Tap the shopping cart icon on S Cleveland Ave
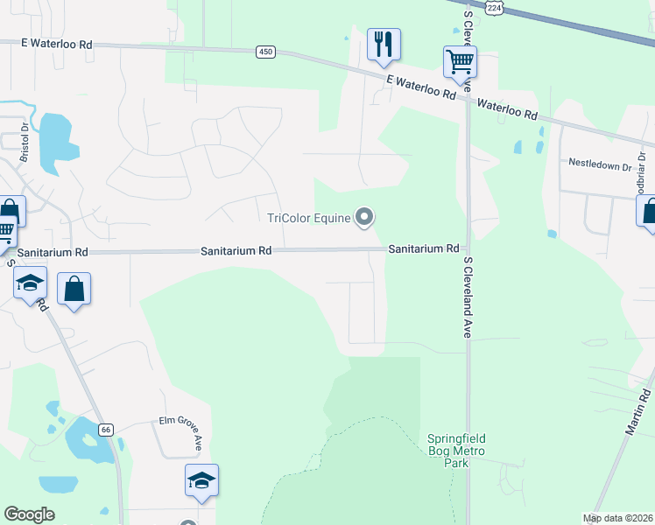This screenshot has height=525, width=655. [460, 62]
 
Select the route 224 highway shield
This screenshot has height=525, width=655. [496, 7]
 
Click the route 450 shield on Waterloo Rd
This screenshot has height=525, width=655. [265, 52]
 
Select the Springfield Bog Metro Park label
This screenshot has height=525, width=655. [456, 451]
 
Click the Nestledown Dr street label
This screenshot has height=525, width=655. [600, 164]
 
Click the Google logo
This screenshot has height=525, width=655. [29, 514]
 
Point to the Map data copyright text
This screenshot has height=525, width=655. [618, 518]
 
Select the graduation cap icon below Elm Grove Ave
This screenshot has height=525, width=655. [201, 480]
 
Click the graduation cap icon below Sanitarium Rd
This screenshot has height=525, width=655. [30, 284]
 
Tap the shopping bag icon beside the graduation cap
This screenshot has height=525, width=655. [74, 290]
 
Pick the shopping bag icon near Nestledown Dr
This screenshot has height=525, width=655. [649, 212]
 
